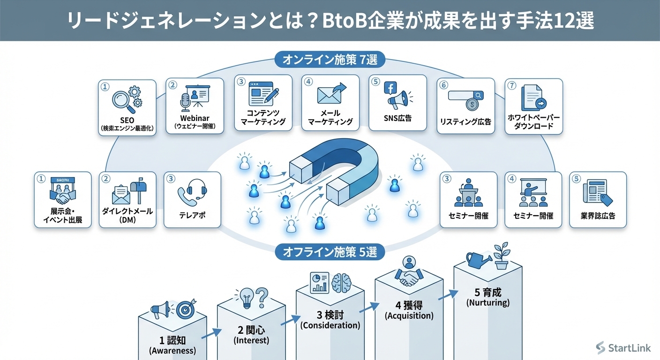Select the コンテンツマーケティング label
click(263, 117)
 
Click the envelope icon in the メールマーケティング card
click(328, 95)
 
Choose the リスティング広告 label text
click(465, 122)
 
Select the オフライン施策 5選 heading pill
click(330, 252)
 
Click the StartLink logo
click(623, 347)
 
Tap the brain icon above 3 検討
click(342, 283)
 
